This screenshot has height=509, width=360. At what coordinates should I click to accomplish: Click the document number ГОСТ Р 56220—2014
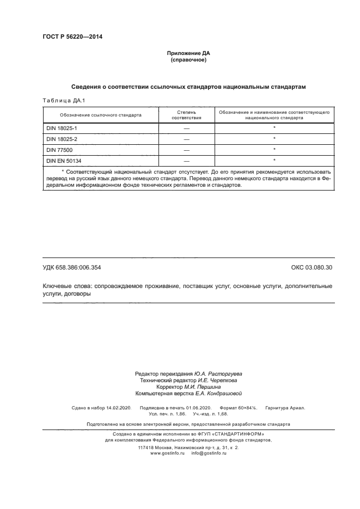pos(72,37)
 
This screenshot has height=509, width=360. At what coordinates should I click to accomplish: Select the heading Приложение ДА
pos(188,53)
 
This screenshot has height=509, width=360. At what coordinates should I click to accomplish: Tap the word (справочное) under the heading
pos(188,60)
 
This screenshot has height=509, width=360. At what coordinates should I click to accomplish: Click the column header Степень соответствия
pos(186,115)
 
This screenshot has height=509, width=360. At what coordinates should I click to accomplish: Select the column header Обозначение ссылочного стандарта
pos(101,115)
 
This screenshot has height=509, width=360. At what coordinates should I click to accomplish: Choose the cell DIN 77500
pos(59,149)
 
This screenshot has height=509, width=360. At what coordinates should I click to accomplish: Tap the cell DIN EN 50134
pos(64,160)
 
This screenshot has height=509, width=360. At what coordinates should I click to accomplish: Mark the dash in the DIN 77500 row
pos(186,149)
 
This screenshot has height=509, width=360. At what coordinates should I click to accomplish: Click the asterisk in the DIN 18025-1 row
pos(274,127)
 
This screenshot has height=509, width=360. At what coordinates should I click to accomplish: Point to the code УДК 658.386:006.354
pos(71,267)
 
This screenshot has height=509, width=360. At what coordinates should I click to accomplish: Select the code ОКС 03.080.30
pos(312,267)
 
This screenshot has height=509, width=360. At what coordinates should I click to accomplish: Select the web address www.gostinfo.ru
pos(167,453)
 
